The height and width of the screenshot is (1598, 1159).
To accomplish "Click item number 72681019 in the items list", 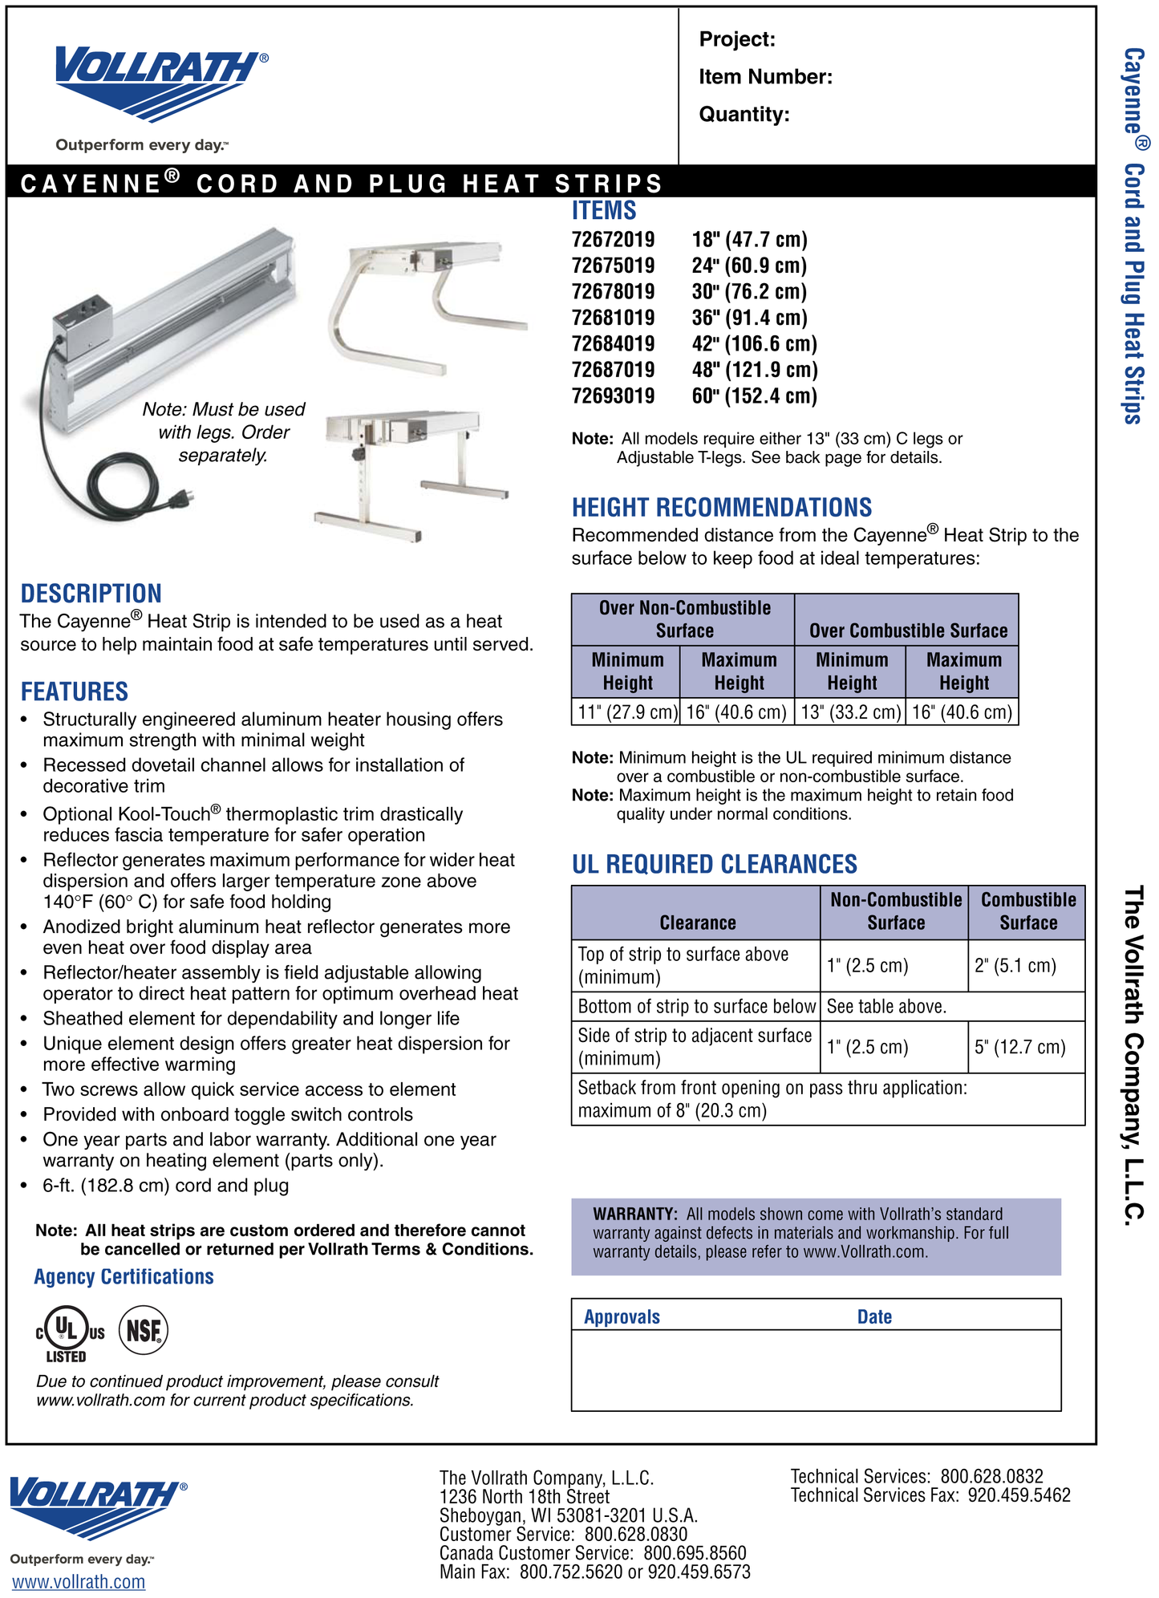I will pyautogui.click(x=613, y=318).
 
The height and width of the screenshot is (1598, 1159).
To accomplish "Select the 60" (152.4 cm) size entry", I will pyautogui.click(x=754, y=395).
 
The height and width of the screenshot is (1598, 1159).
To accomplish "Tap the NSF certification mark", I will pyautogui.click(x=144, y=1330).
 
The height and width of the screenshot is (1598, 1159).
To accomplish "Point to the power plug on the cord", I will pyautogui.click(x=181, y=500).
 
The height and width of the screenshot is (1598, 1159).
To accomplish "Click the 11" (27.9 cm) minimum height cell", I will pyautogui.click(x=626, y=712).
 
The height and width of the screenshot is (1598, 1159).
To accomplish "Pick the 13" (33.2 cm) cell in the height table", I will pyautogui.click(x=850, y=712).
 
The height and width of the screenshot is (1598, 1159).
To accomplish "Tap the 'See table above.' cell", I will pyautogui.click(x=886, y=1007).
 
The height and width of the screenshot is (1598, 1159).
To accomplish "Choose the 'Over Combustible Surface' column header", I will pyautogui.click(x=908, y=631).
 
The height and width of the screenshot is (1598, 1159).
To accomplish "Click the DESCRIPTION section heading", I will pyautogui.click(x=91, y=594).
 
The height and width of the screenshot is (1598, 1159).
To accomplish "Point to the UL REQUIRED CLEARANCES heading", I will pyautogui.click(x=714, y=864).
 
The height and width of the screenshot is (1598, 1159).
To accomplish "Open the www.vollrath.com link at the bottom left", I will pyautogui.click(x=79, y=1582).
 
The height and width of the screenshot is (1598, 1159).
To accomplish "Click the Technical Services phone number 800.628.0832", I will pyautogui.click(x=991, y=1476).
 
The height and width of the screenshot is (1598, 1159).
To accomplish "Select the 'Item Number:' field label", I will pyautogui.click(x=765, y=77).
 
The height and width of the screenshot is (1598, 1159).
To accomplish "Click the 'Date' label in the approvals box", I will pyautogui.click(x=874, y=1316).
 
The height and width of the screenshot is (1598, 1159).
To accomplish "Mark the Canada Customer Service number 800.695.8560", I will pyautogui.click(x=695, y=1553).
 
